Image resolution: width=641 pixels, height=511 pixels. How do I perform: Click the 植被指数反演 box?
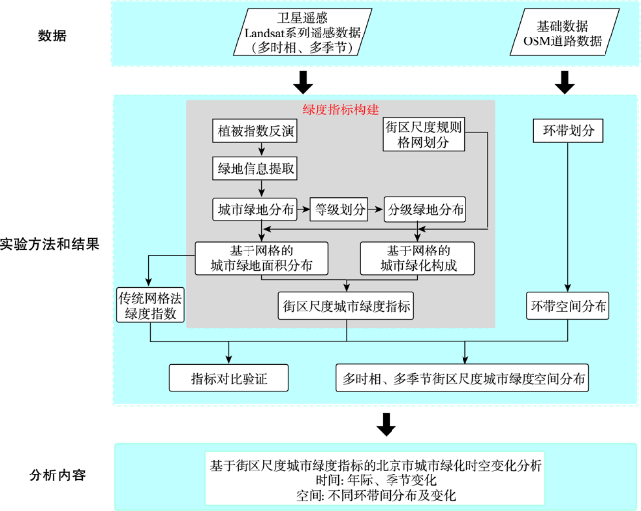(x=254, y=131)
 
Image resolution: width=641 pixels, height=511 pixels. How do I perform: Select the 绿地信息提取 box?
(x=254, y=168)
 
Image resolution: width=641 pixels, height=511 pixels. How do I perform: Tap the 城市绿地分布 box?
(x=254, y=210)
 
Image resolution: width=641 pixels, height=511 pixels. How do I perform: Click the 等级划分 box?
(x=338, y=210)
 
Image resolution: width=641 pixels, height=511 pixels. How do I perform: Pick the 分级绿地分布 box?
(x=425, y=210)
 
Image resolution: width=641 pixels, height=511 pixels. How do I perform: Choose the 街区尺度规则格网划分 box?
(x=424, y=134)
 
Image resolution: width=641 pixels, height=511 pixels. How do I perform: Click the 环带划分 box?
(x=567, y=131)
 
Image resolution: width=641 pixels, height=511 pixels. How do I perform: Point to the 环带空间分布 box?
(x=567, y=306)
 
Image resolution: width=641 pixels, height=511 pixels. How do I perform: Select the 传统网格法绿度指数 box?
(x=151, y=306)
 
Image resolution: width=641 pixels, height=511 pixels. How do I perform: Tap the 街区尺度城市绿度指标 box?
(x=346, y=306)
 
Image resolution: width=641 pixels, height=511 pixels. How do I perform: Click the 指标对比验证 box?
(x=229, y=378)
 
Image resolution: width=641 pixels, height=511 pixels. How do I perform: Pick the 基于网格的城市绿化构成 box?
(x=417, y=258)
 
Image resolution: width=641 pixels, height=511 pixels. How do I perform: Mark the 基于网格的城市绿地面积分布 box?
(x=261, y=258)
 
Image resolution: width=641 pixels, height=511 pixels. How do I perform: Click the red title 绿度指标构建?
(x=340, y=109)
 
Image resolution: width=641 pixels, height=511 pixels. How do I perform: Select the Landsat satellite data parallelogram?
(x=303, y=33)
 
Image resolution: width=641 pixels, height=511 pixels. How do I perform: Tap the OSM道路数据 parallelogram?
(x=564, y=33)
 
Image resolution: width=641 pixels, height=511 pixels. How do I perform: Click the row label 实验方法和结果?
(x=49, y=244)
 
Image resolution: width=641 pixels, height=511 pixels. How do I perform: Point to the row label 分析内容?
(x=57, y=475)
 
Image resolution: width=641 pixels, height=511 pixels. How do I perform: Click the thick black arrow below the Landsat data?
(x=303, y=82)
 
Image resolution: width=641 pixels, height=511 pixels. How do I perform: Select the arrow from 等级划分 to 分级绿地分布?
(x=376, y=210)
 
